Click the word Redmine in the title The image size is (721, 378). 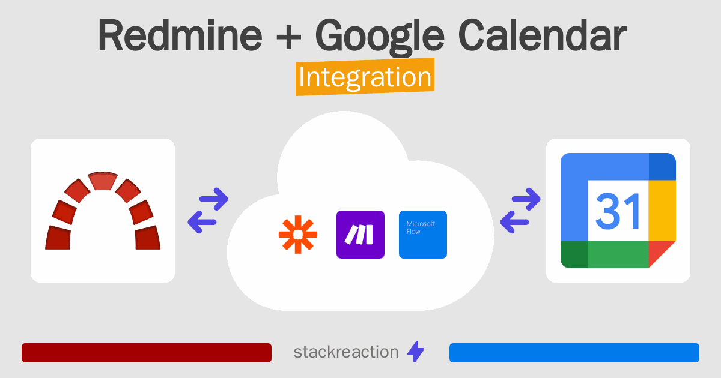point(180,35)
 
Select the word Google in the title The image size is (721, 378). point(380,37)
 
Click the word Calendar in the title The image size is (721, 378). point(543,35)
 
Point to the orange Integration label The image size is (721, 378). point(365,77)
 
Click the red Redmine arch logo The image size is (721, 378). point(103,211)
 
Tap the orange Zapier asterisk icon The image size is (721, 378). point(298,235)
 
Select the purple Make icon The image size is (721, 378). point(360,235)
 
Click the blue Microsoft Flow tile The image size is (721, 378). point(423,235)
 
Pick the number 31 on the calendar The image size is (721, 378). point(618,211)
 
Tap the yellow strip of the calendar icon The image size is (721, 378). point(662,211)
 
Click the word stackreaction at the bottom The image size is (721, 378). point(346,352)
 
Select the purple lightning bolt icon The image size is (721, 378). point(416,352)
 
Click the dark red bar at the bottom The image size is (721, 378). point(147,353)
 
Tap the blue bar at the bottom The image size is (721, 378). point(574,353)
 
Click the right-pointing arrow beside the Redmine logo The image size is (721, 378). point(214,199)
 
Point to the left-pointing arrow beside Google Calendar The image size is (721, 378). point(515,222)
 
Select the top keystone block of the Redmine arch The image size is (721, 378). point(103,181)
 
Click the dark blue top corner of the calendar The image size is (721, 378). point(662,167)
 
